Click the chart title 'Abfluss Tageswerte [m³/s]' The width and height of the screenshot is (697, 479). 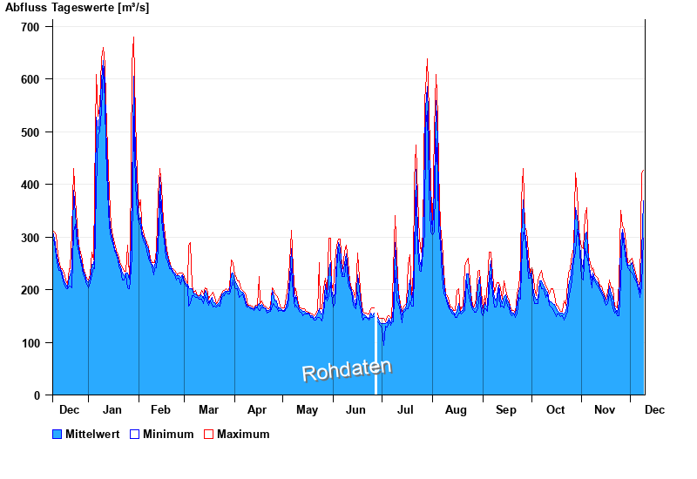tap(77, 8)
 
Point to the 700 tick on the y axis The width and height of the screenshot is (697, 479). tap(30, 27)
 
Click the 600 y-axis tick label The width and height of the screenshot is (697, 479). tap(30, 79)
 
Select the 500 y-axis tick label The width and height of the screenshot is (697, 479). tap(30, 132)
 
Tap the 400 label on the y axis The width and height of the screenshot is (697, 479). tap(30, 185)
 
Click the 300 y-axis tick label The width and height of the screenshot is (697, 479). tap(30, 238)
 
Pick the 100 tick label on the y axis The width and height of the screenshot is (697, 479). tap(30, 343)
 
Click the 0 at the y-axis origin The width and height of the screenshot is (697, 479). tap(37, 395)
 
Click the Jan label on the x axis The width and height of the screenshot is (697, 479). tap(112, 409)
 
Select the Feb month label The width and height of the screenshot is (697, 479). tap(160, 409)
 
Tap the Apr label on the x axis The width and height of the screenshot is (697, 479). tap(257, 409)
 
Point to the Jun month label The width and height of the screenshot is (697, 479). tap(355, 409)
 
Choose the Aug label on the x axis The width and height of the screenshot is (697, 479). tap(456, 409)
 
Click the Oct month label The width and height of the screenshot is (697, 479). tap(555, 409)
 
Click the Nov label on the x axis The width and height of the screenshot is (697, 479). tap(605, 409)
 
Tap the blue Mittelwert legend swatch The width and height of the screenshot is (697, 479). tap(58, 434)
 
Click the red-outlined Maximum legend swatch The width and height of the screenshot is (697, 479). tap(208, 434)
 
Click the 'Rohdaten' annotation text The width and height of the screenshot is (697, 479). tap(346, 370)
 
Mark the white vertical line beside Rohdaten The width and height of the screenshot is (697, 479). tap(376, 357)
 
